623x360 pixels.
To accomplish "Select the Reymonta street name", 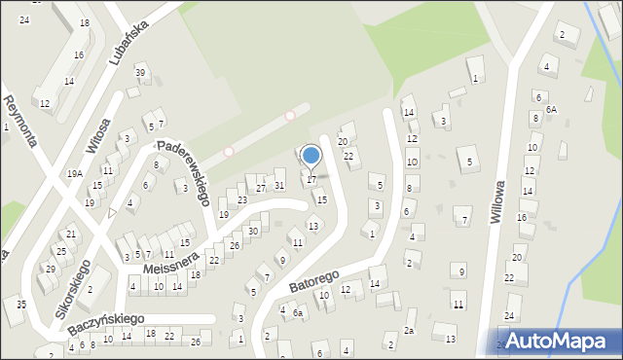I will coord(20,121).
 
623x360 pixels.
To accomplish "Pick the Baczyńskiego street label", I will coord(106,325).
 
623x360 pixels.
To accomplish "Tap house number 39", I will coord(140,74).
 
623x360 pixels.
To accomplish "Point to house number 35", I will coord(21,306).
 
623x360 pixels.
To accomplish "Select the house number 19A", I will coord(74,173).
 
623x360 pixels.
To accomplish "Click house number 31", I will coord(278,186).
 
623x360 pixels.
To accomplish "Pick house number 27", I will coord(260,188).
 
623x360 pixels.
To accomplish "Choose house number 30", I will coord(252,232).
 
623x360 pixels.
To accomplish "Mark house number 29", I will coord(50,269).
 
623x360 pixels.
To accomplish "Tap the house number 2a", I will coord(410,331).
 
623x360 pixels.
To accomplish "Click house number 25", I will coord(59,252).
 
